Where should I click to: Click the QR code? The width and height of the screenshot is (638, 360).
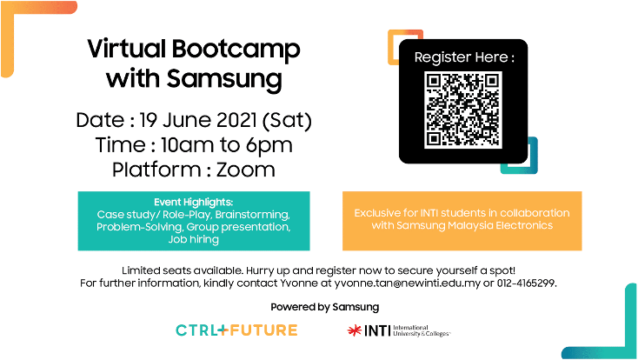463,110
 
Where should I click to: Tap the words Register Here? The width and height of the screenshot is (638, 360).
461,57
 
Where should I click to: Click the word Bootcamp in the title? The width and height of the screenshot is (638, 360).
236,50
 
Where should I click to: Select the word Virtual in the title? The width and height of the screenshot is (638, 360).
127,49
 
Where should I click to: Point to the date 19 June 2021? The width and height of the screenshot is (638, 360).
198,120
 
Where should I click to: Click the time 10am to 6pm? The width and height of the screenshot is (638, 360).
227,145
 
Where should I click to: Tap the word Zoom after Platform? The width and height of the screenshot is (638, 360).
246,170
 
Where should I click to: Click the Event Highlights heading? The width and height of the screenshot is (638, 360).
194,202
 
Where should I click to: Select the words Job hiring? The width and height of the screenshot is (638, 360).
194,239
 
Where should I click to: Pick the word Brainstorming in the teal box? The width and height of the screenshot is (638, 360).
253,215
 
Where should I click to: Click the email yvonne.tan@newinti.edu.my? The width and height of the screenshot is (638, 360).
408,283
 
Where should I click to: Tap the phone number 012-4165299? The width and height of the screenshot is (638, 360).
527,283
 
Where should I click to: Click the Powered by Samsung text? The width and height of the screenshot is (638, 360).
325,307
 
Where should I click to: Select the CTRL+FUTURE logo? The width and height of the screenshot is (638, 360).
236,330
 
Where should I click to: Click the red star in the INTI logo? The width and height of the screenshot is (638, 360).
355,330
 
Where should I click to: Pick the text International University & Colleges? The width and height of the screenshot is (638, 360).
422,330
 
